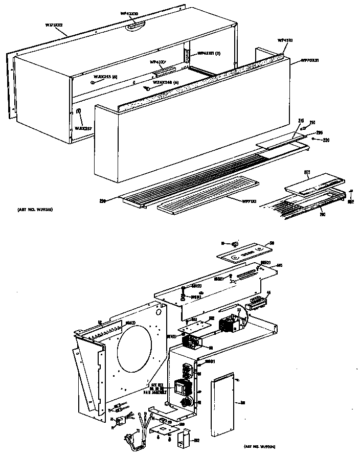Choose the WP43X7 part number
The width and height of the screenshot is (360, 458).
pyautogui.click(x=158, y=62)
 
